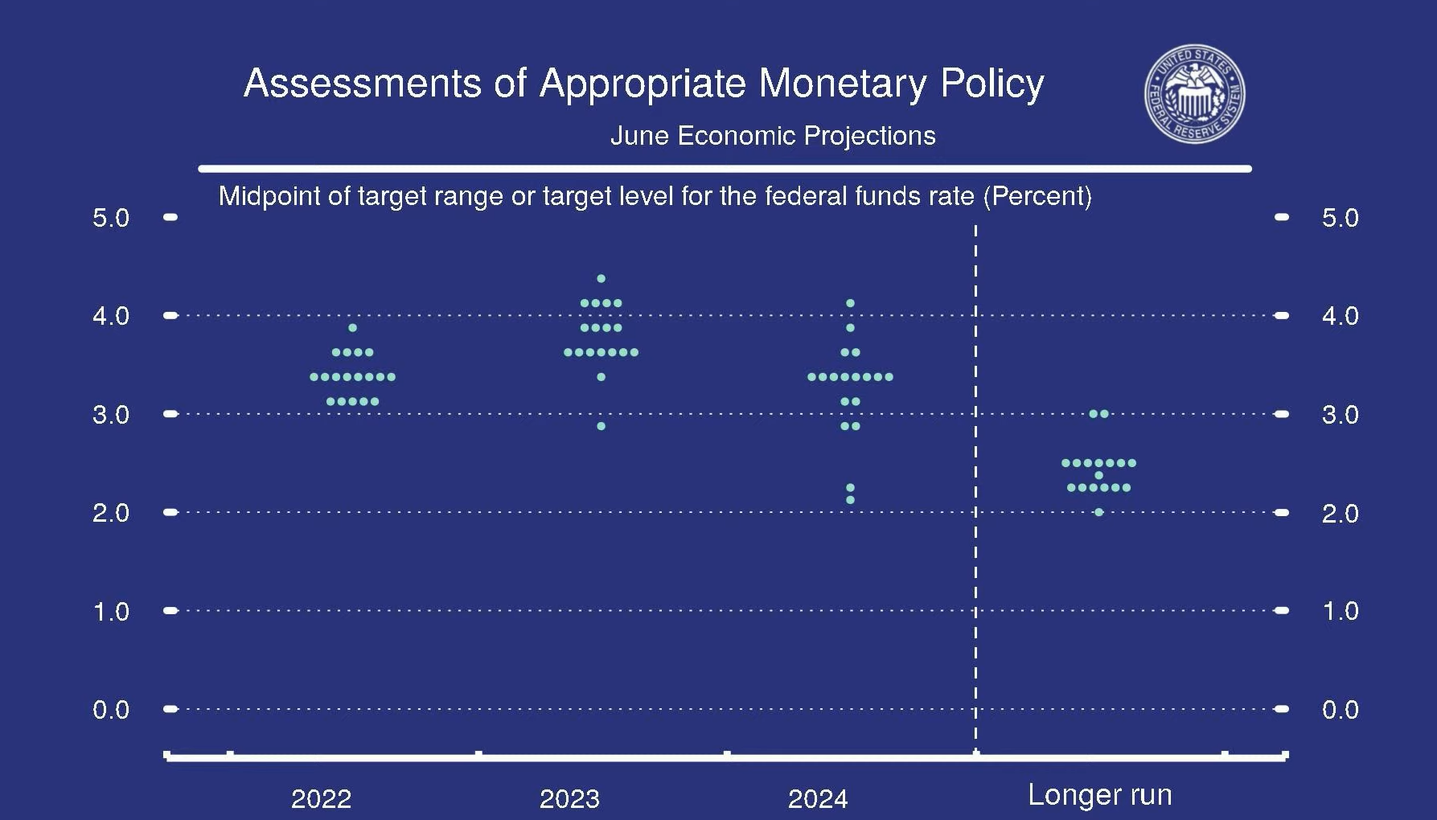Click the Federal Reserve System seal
pyautogui.click(x=1195, y=94)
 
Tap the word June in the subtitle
pyautogui.click(x=640, y=136)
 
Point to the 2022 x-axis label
pyautogui.click(x=321, y=798)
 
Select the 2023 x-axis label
pyautogui.click(x=569, y=798)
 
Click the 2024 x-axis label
pyautogui.click(x=818, y=798)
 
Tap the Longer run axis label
pyautogui.click(x=1099, y=795)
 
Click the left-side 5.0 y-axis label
pyautogui.click(x=111, y=218)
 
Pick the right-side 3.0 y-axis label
pyautogui.click(x=1340, y=415)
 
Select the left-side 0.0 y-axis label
pyautogui.click(x=111, y=710)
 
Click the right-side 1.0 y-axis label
pyautogui.click(x=1340, y=611)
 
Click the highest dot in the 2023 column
pyautogui.click(x=601, y=279)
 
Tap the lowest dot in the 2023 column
pyautogui.click(x=601, y=426)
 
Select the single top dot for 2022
pyautogui.click(x=352, y=328)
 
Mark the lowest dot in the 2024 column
pyautogui.click(x=850, y=500)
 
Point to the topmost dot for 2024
pyautogui.click(x=850, y=303)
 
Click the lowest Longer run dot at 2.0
pyautogui.click(x=1098, y=512)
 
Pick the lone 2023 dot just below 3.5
pyautogui.click(x=601, y=377)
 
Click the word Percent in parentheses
pyautogui.click(x=1037, y=196)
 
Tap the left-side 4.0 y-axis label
pyautogui.click(x=111, y=316)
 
